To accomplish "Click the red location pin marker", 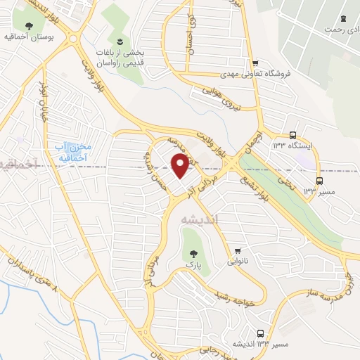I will pos(180,166).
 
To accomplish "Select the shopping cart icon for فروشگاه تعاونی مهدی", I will pos(255,63).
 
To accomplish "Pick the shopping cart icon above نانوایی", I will pos(238,250).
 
